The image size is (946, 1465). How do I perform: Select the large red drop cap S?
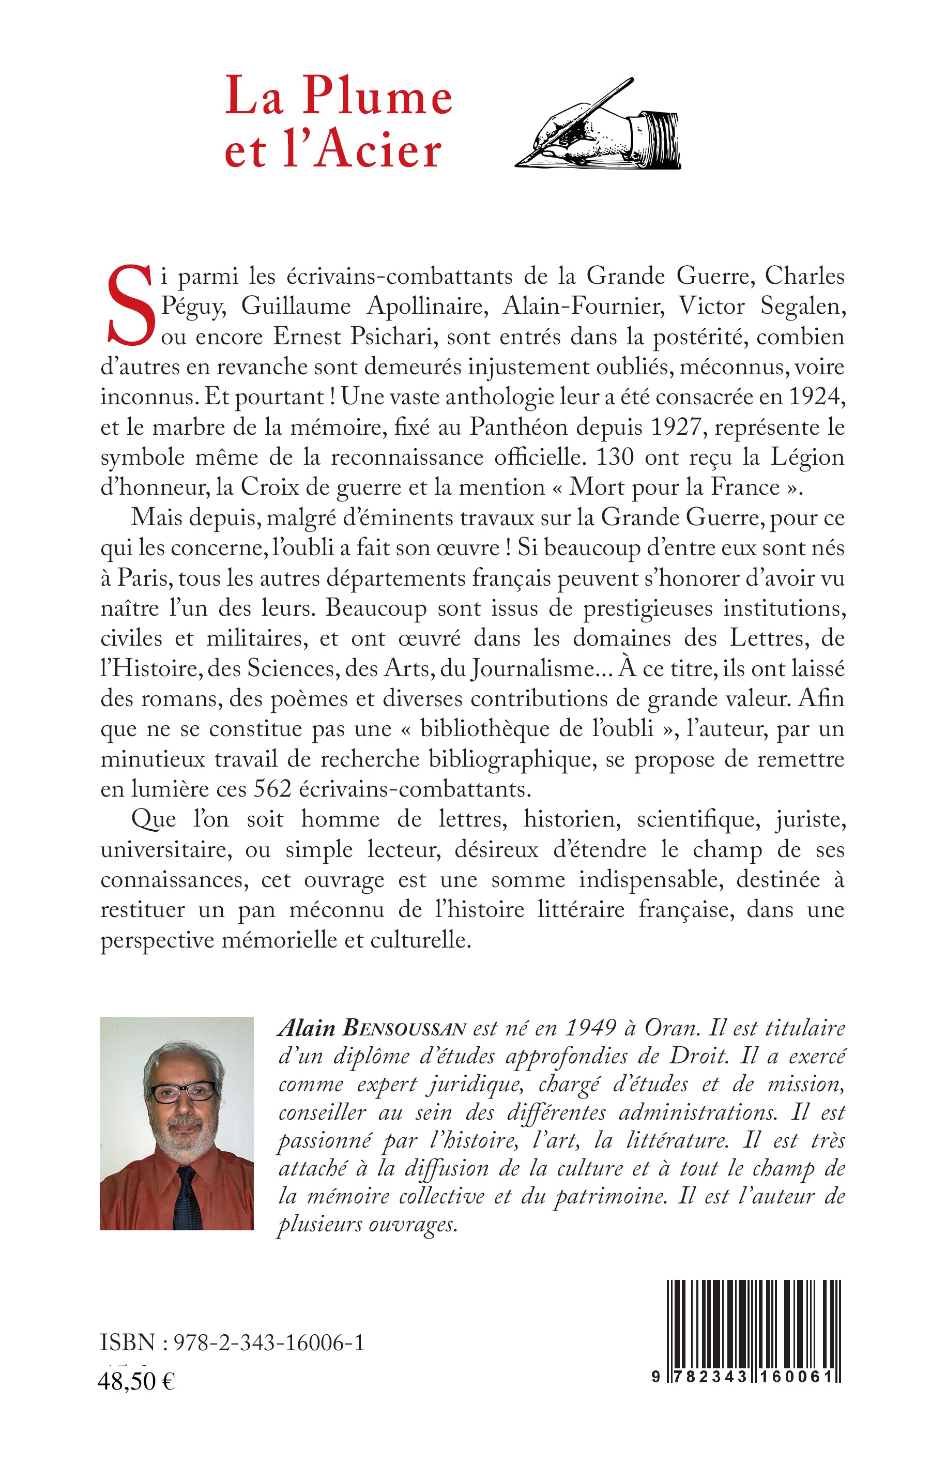(129, 306)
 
